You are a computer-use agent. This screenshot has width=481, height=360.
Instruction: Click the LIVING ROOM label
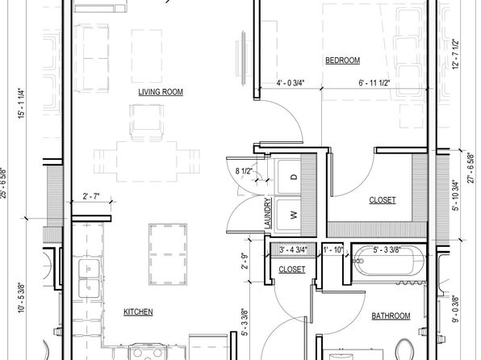pyautogui.click(x=161, y=92)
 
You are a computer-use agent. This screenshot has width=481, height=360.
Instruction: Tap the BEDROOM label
pyautogui.click(x=342, y=61)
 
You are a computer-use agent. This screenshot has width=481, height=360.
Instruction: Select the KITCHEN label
pyautogui.click(x=138, y=312)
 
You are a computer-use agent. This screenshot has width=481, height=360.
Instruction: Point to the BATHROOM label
pyautogui.click(x=391, y=316)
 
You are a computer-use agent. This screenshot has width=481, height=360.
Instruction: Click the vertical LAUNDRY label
pyautogui.click(x=268, y=213)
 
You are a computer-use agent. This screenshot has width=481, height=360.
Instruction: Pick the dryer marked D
pyautogui.click(x=290, y=177)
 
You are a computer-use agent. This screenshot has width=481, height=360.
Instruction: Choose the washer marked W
pyautogui.click(x=290, y=215)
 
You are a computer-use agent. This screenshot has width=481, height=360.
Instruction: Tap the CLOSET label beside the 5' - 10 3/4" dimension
pyautogui.click(x=383, y=200)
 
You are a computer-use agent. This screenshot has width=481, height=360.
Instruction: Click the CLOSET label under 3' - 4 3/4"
pyautogui.click(x=291, y=270)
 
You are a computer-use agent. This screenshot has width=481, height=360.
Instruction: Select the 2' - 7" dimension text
pyautogui.click(x=91, y=196)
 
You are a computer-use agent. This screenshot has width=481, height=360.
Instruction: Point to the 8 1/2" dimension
pyautogui.click(x=244, y=171)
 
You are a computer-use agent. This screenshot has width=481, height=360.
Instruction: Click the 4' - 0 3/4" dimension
pyautogui.click(x=291, y=83)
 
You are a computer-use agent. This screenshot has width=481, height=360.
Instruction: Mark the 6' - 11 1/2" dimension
pyautogui.click(x=374, y=83)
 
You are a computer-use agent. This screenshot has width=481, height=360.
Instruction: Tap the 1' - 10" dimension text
pyautogui.click(x=333, y=250)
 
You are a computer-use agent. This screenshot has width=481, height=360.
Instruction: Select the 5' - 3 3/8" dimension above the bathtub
pyautogui.click(x=387, y=250)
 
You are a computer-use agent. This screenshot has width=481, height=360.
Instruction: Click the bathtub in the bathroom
pyautogui.click(x=389, y=262)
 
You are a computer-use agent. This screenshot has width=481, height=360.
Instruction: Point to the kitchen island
pyautogui.click(x=168, y=254)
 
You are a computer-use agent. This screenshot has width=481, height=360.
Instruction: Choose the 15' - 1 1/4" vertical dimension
pyautogui.click(x=21, y=103)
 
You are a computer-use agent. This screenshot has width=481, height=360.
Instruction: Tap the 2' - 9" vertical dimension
pyautogui.click(x=245, y=261)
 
